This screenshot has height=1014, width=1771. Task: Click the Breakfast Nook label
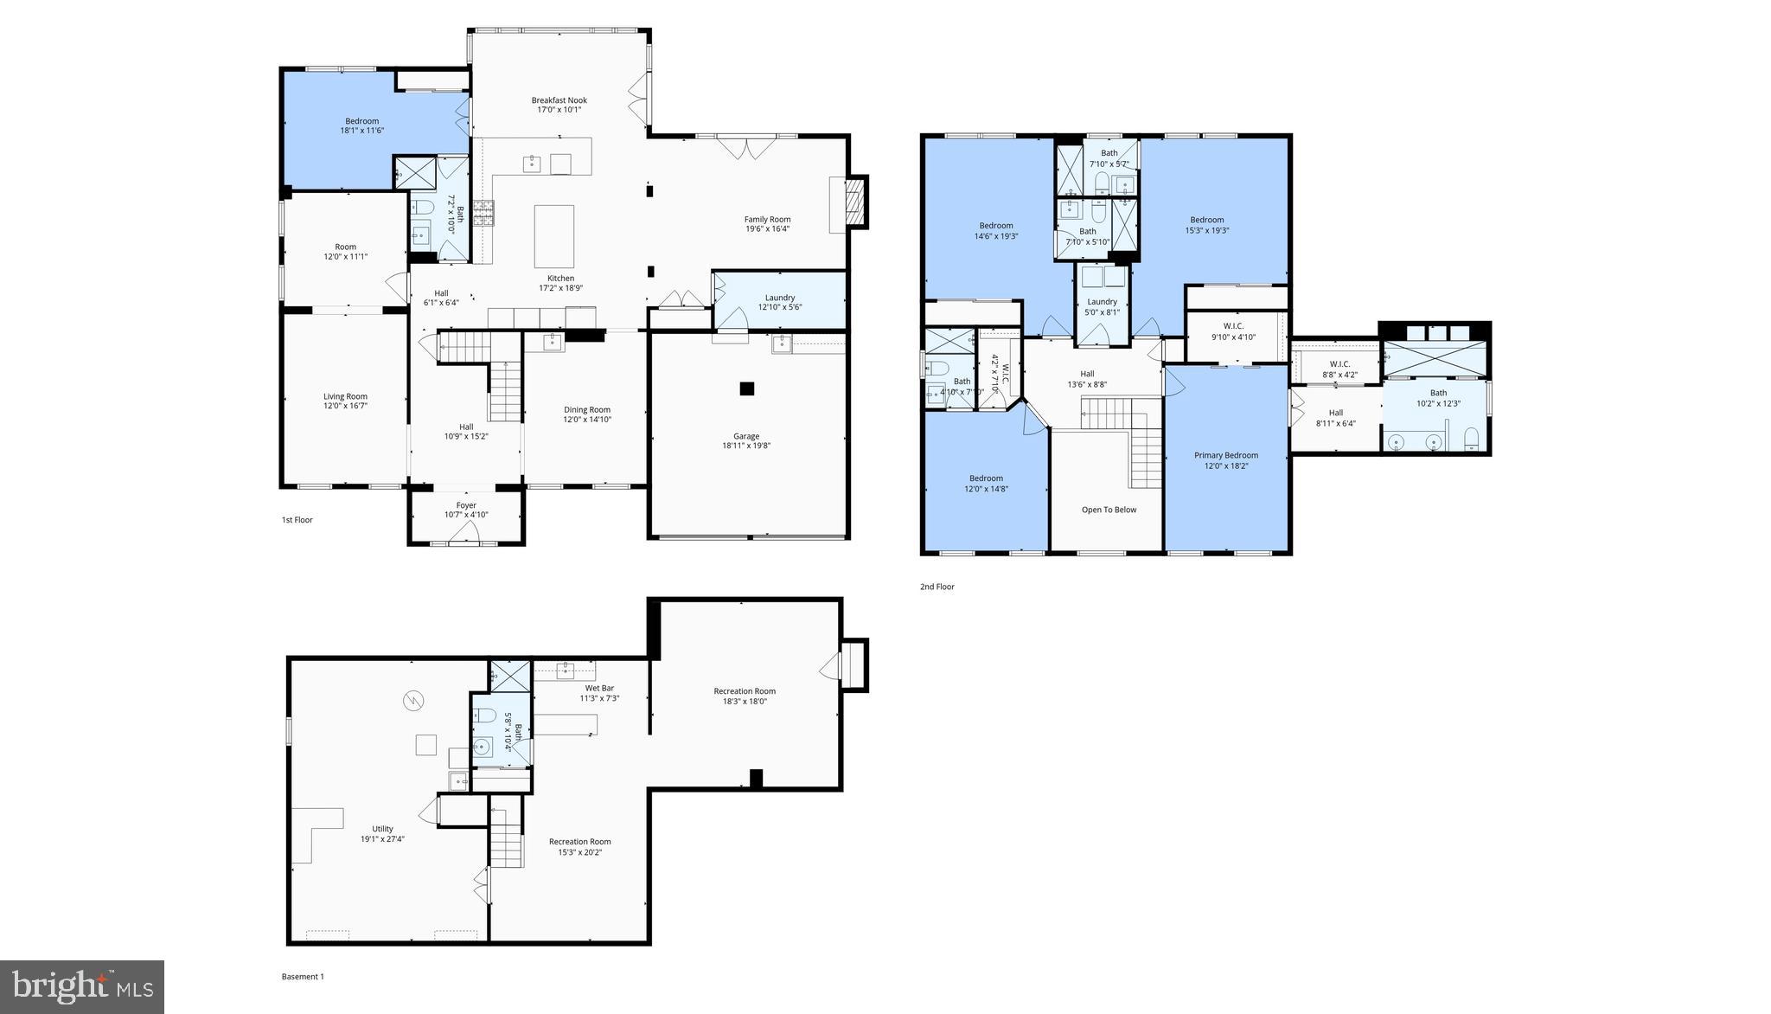point(559,100)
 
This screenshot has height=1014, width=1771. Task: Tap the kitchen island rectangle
point(553,236)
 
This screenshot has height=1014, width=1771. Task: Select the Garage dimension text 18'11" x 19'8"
point(746,446)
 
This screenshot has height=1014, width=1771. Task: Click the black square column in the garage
point(746,389)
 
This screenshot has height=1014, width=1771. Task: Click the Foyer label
point(466,505)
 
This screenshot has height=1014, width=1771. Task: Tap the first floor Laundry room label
point(779,298)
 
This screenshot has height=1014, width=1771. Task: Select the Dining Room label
point(587,410)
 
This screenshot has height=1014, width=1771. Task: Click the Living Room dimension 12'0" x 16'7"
point(345,406)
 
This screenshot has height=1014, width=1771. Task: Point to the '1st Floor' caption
point(297,520)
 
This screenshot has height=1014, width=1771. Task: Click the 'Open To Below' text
point(1109,510)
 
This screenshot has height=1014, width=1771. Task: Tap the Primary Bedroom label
point(1225,455)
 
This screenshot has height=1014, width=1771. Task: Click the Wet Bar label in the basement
point(599,688)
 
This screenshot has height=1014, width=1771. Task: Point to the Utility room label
point(382,829)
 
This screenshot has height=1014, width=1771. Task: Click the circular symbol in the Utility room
point(413,700)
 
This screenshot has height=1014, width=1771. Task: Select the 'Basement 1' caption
point(303,977)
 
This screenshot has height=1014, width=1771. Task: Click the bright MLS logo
point(82,986)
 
